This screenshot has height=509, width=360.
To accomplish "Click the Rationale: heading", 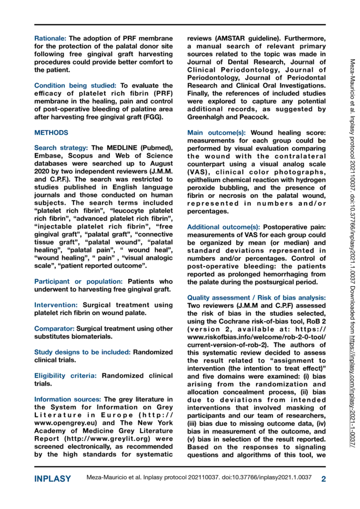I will point(50,38).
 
